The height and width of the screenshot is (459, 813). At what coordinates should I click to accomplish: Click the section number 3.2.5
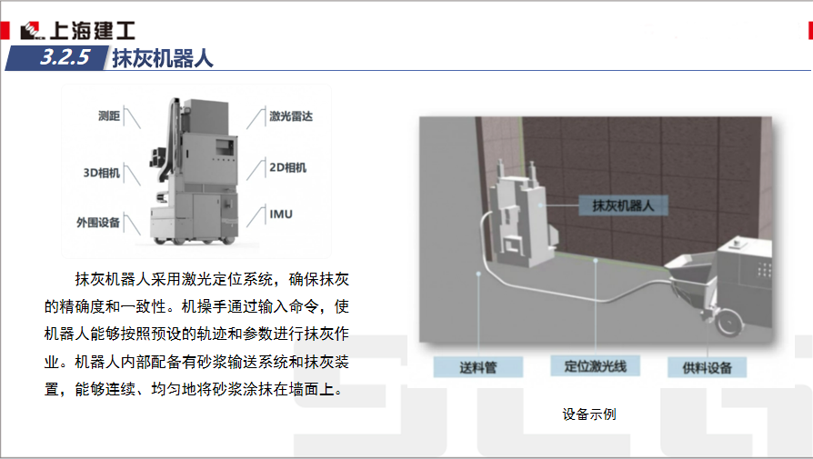click(x=65, y=57)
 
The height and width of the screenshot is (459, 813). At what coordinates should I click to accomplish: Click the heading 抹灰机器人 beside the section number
click(x=163, y=58)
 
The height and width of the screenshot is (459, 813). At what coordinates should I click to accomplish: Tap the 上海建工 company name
click(x=92, y=31)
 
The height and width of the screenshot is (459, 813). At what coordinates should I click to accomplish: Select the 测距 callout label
click(x=109, y=116)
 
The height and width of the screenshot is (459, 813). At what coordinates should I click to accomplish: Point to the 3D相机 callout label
click(x=102, y=173)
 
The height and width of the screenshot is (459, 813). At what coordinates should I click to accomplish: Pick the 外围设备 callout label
click(x=98, y=223)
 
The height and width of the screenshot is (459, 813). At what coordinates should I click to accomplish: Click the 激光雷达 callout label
click(x=291, y=116)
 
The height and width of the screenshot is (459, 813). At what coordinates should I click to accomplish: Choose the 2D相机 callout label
click(x=287, y=167)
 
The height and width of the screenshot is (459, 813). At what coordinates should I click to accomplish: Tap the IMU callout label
click(x=281, y=214)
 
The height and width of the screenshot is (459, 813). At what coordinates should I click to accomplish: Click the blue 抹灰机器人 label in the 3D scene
click(x=623, y=205)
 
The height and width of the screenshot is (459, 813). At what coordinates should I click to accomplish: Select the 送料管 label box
click(x=478, y=367)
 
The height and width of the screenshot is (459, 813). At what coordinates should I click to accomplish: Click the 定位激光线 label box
click(x=596, y=366)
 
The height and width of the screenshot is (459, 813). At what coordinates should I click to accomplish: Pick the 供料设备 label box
click(x=707, y=367)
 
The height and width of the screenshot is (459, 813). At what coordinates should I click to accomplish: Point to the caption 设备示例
click(x=589, y=414)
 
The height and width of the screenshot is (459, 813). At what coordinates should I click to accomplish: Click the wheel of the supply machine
click(x=729, y=321)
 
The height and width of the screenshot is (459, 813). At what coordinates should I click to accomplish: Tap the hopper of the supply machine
click(x=692, y=277)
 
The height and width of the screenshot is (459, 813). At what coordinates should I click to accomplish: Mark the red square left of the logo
click(x=5, y=31)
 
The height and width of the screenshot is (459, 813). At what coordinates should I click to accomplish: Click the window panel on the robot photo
click(x=225, y=146)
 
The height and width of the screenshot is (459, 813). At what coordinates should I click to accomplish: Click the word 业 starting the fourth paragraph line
click(x=52, y=362)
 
